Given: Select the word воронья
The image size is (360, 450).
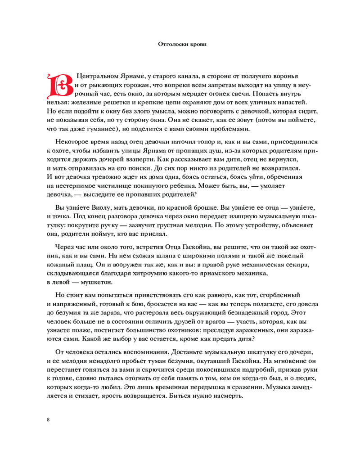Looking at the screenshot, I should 285,76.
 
